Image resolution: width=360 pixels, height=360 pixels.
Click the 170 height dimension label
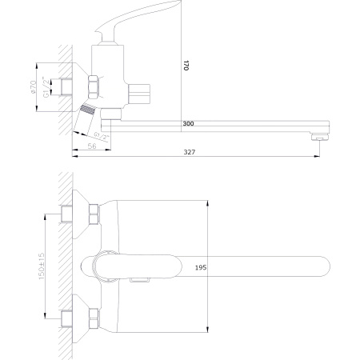pos(186,66)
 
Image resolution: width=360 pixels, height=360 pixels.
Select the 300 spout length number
pos(188,123)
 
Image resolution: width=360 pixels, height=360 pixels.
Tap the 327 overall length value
pos(190,152)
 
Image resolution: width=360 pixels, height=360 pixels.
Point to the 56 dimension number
pos(92,146)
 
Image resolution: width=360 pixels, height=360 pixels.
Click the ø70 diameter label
pos(33,87)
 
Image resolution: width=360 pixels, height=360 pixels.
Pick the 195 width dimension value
pos(201,267)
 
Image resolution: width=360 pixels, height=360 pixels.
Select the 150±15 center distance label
pos(42,266)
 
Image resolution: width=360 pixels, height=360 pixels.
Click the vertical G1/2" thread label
pos(46,87)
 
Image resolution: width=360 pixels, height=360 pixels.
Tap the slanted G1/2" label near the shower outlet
pos(102,136)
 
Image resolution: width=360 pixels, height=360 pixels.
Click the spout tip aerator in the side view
pos(320,137)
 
